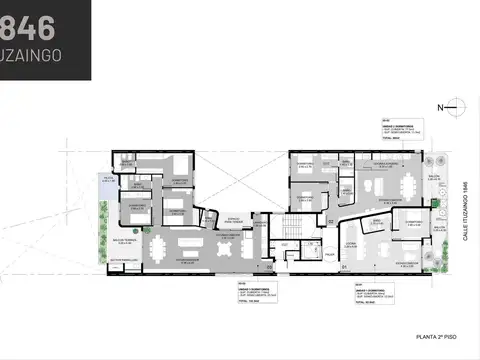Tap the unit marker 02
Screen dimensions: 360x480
tap(330, 220)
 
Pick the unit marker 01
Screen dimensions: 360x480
tap(342, 268)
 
